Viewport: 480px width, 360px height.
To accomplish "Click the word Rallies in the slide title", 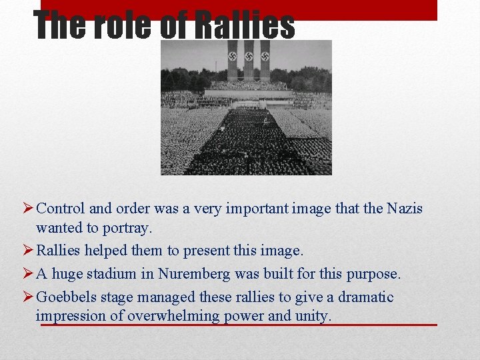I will click(244, 25).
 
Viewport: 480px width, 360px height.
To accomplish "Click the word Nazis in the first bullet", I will click(404, 209).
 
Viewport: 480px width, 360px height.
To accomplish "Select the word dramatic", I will click(364, 297).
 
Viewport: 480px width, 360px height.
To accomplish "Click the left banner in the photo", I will click(232, 61).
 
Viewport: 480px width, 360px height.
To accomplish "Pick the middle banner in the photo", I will click(248, 61).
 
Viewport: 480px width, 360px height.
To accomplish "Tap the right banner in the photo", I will click(265, 61).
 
